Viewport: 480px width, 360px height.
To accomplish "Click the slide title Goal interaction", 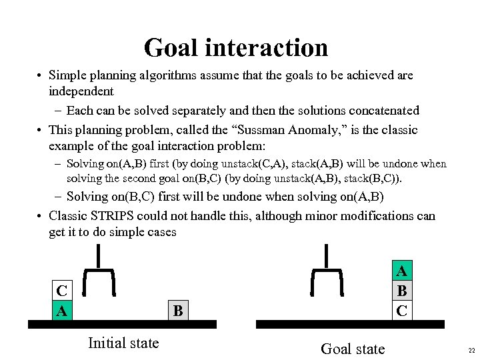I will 236,47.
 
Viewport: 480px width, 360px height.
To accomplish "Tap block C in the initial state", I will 62,291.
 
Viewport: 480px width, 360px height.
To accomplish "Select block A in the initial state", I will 62,310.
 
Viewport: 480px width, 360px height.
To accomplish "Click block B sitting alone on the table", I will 177,310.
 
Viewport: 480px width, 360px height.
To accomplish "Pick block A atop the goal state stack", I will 401,271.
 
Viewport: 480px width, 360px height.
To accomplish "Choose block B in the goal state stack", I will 401,291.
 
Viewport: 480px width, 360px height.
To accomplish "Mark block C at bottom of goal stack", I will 401,310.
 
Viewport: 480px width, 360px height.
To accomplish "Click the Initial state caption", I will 123,343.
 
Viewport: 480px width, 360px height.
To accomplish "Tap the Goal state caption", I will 353,349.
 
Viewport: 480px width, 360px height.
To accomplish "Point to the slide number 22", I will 471,351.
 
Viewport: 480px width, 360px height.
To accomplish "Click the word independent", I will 81,91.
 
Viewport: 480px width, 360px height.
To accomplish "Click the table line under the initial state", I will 122,325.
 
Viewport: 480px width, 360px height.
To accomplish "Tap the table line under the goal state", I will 350,325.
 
